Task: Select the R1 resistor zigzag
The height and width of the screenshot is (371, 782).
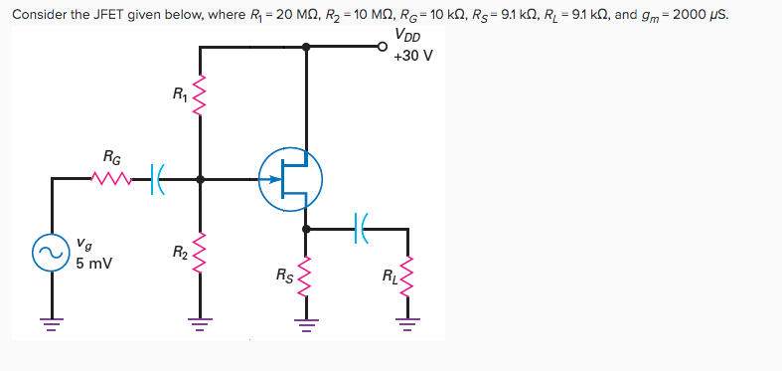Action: point(201,95)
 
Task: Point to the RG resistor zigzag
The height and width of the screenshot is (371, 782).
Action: point(108,180)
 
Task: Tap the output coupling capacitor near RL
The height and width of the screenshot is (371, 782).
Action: point(361,228)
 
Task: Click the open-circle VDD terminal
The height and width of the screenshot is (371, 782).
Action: point(384,46)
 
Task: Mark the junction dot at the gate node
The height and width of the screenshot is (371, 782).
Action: point(201,180)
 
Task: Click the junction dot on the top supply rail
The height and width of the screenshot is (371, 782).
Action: point(305,46)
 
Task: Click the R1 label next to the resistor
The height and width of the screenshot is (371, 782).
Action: point(179,95)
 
